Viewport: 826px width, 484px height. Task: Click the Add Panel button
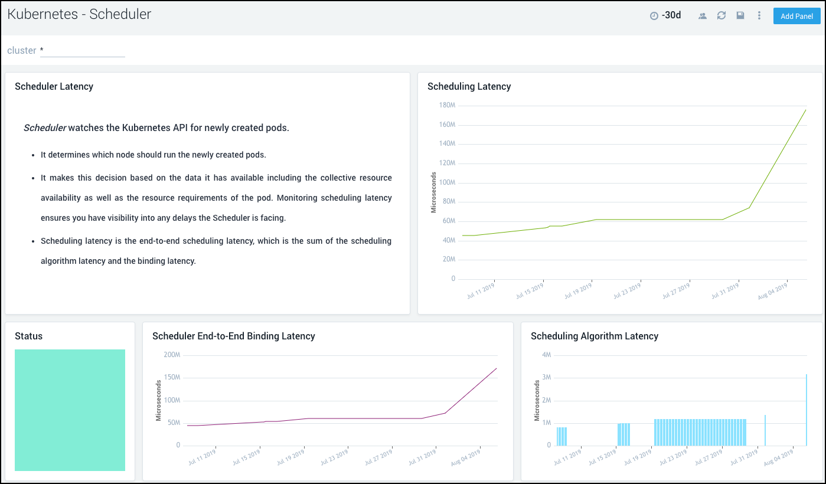796,16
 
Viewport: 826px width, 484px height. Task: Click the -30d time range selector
665,16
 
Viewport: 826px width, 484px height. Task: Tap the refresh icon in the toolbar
721,16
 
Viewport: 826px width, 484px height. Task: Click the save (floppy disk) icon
740,16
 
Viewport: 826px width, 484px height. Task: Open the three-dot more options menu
759,16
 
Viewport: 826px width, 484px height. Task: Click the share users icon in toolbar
703,16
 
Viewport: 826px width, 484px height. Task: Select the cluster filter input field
82,51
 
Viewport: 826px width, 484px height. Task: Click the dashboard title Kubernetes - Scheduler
79,15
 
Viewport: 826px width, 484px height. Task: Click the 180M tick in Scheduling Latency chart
447,105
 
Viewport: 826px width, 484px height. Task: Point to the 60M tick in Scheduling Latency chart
448,221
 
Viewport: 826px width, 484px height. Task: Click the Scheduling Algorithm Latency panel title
594,336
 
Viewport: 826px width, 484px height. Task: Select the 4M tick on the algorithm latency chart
546,355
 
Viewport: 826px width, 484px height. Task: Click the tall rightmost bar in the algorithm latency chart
806,410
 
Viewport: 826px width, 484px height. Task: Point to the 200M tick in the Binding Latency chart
172,355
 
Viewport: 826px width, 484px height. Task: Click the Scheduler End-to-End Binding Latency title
233,336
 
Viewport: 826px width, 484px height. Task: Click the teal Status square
70,410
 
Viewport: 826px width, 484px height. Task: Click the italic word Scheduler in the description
45,128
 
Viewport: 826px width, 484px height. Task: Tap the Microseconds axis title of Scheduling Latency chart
433,192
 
